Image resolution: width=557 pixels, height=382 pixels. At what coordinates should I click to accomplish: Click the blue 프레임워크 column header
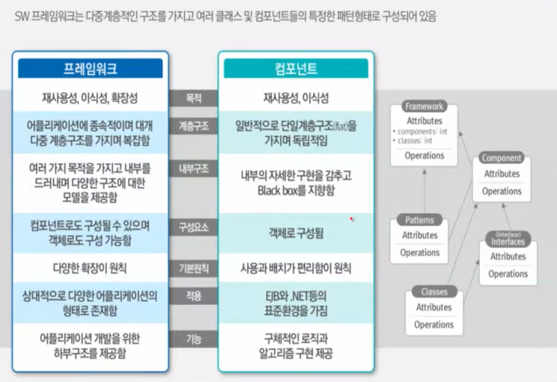[x=90, y=68]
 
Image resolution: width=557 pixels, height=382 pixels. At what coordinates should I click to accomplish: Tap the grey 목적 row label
[x=193, y=98]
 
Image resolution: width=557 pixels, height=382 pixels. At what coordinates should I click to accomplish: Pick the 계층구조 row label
[x=193, y=126]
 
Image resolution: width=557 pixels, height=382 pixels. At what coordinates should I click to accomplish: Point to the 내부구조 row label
[x=193, y=168]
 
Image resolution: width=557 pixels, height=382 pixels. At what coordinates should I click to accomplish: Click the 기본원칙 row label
[x=193, y=268]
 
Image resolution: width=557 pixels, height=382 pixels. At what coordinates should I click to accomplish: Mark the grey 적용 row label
[x=193, y=295]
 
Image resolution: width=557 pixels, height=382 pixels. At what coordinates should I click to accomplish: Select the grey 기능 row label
[x=193, y=339]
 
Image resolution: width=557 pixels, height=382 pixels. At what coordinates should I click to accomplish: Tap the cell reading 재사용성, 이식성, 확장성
[x=90, y=99]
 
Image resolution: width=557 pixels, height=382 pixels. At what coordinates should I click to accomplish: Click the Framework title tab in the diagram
[x=424, y=107]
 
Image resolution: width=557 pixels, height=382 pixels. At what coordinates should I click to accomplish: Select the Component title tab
[x=501, y=158]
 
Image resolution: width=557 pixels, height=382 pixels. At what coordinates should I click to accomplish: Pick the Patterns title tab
[x=420, y=220]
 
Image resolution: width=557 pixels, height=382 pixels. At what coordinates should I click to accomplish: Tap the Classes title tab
[x=434, y=292]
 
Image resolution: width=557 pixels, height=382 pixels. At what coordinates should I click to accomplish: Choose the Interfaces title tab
[x=508, y=241]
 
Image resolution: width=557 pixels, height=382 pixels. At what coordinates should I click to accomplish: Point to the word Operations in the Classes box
[x=434, y=325]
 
